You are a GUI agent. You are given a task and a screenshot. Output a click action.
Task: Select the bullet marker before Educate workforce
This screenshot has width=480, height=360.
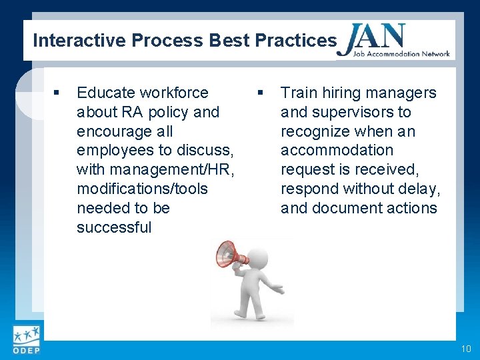[58, 93]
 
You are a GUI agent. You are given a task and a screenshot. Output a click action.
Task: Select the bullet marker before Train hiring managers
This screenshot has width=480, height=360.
[261, 93]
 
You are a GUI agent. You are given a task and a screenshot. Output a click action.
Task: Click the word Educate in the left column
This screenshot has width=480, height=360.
[104, 93]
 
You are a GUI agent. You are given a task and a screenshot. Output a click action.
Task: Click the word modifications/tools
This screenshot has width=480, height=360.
[142, 189]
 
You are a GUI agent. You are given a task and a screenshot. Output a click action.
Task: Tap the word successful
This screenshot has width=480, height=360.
[114, 227]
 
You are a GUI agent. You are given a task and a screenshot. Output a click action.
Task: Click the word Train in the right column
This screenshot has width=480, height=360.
[298, 93]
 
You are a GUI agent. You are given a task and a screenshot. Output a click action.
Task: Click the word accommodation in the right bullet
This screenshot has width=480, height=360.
[337, 150]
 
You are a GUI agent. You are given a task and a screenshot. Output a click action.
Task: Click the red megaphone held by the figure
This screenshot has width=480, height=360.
[230, 254]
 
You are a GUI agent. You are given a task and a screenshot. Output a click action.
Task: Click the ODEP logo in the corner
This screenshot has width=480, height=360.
[26, 340]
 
